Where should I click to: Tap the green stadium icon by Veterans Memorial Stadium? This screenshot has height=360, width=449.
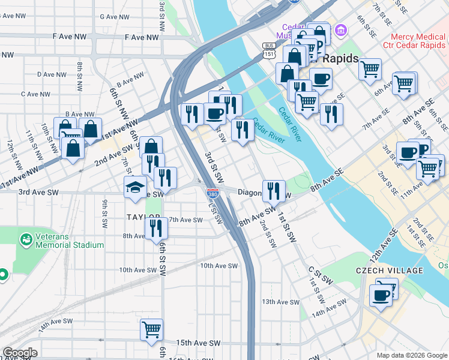26,240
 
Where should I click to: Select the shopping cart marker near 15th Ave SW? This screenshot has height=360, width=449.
151,329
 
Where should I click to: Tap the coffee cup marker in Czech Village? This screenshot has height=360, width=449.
381,296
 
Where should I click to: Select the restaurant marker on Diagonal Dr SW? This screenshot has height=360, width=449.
274,191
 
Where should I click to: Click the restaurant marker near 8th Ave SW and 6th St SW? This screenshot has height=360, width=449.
155,228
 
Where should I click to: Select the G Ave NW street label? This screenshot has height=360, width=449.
116,17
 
